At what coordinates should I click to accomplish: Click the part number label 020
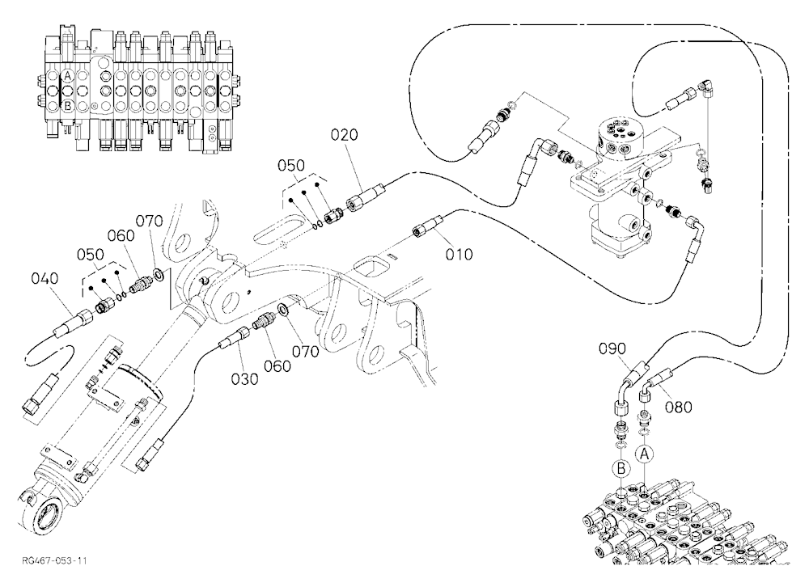click(344, 135)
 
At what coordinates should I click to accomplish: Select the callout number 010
click(459, 255)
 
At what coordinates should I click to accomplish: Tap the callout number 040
click(44, 278)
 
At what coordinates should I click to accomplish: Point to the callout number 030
click(244, 379)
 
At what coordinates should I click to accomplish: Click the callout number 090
click(612, 348)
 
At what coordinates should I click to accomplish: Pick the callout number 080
click(679, 408)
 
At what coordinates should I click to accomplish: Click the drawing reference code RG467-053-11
click(54, 560)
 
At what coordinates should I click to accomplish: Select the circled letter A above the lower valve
click(644, 454)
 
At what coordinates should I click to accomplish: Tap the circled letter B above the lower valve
click(621, 468)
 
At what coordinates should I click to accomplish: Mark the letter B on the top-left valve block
click(67, 106)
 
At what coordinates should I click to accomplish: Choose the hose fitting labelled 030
click(235, 336)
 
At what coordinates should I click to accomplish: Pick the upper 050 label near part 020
click(291, 166)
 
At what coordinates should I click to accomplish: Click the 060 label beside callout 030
click(277, 366)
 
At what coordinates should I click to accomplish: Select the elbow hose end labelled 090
click(626, 386)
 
